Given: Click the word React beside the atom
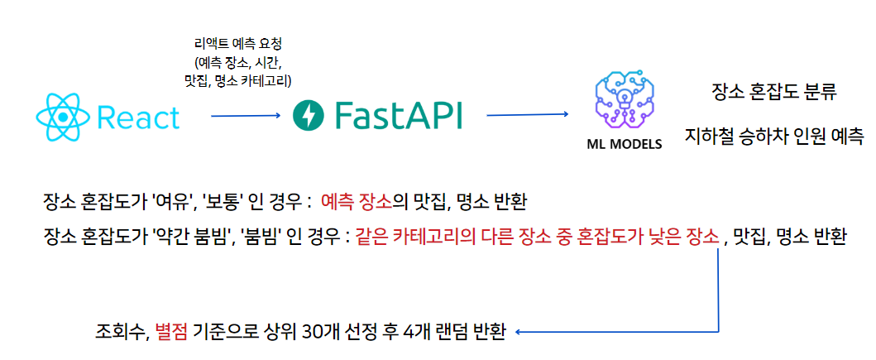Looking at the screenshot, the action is point(138,118).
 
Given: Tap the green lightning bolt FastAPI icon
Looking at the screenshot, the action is point(310,116).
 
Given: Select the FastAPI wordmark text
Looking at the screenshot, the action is point(399,116).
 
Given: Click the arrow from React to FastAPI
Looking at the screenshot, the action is point(246,116).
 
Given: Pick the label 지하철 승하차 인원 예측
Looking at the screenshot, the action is point(774,135).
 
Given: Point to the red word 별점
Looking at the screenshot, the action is point(171,334).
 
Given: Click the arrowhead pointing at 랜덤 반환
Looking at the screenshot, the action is point(519,333).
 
